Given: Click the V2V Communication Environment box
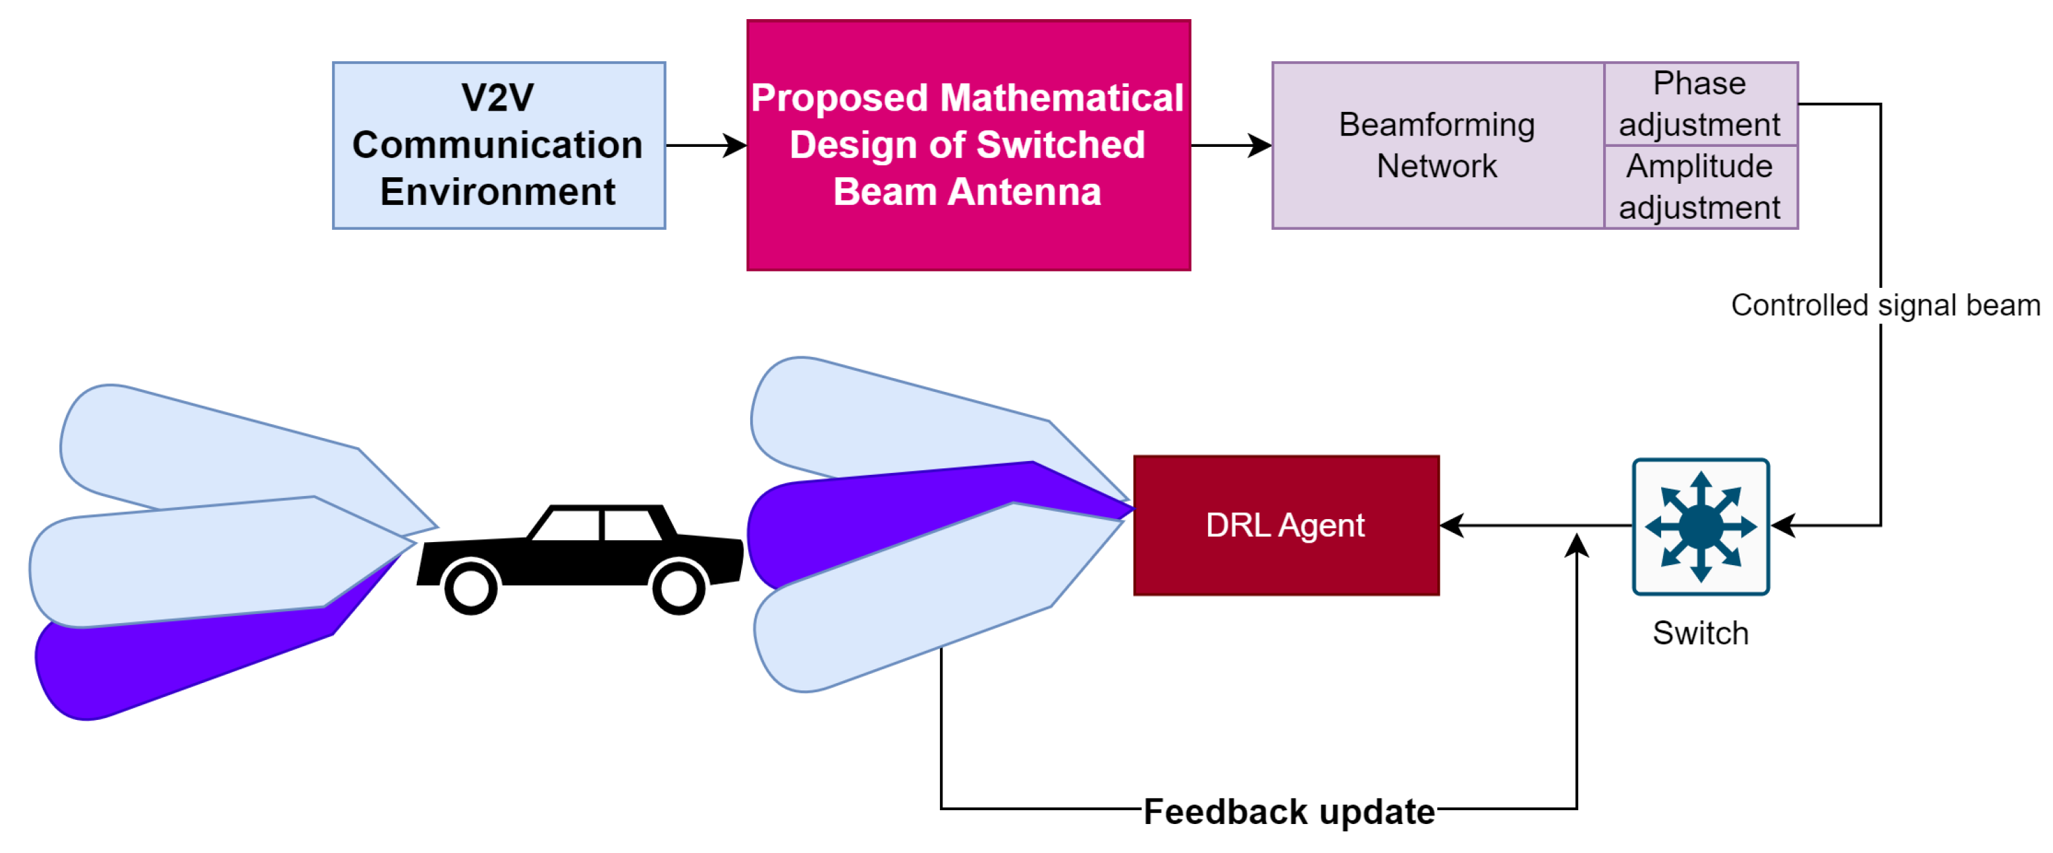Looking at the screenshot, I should pyautogui.click(x=498, y=145).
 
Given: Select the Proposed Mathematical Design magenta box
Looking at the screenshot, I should pyautogui.click(x=968, y=145).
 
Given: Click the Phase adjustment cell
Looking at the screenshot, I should pyautogui.click(x=1699, y=103).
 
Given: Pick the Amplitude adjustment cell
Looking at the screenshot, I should pyautogui.click(x=1699, y=186).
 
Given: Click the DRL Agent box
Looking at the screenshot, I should pyautogui.click(x=1285, y=526).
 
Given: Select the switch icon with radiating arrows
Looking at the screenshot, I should pyautogui.click(x=1700, y=526).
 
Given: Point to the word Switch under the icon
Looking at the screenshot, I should pyautogui.click(x=1700, y=633).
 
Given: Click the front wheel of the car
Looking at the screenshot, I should pyautogui.click(x=678, y=588).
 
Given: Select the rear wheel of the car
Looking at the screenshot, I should pyautogui.click(x=470, y=588).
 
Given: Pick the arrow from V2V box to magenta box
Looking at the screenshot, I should pyautogui.click(x=705, y=145).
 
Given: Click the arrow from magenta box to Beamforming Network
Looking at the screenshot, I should pyautogui.click(x=1230, y=145).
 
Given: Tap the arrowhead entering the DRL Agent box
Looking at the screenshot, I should pyautogui.click(x=1452, y=526).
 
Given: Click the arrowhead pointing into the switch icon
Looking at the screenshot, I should pyautogui.click(x=1784, y=526).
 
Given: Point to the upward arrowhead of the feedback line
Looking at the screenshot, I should pyautogui.click(x=1575, y=546).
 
